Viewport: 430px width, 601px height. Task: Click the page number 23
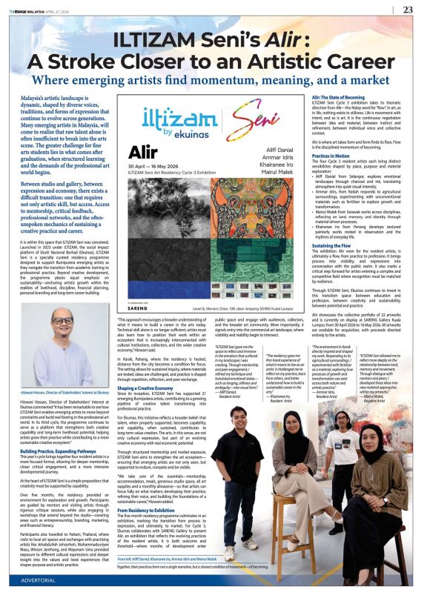pyautogui.click(x=407, y=10)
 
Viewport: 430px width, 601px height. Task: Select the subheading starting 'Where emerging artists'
pyautogui.click(x=214, y=80)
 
